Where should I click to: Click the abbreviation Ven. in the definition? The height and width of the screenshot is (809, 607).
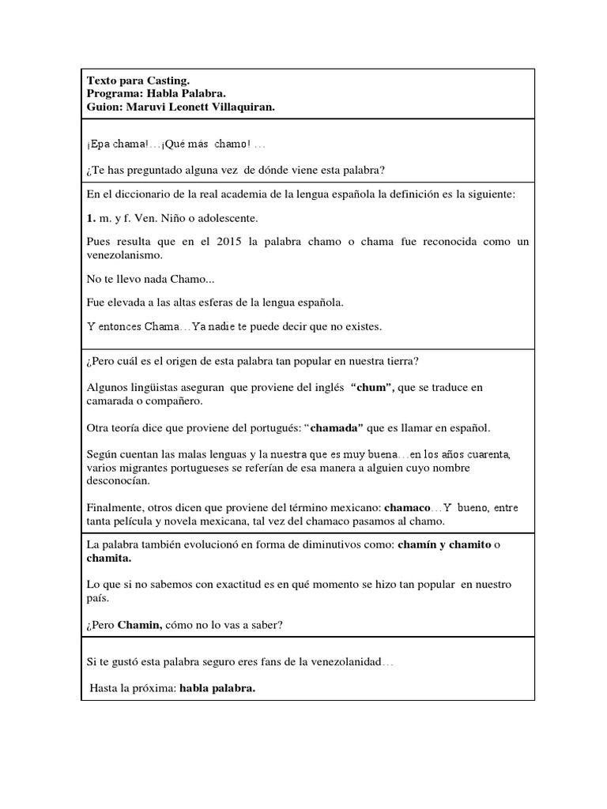tap(151, 217)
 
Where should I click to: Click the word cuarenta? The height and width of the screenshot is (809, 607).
tap(489, 454)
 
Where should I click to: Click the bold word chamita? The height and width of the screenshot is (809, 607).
tap(109, 558)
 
